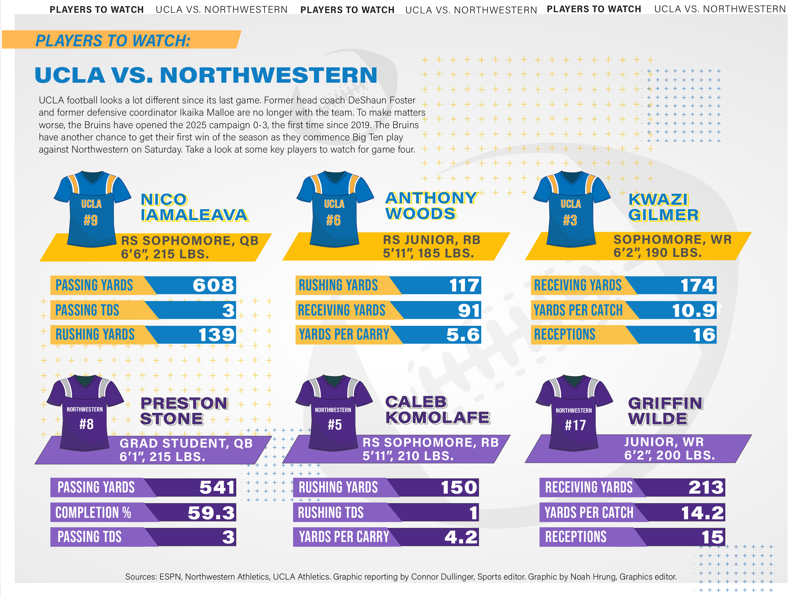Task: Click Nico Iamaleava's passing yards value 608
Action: click(213, 285)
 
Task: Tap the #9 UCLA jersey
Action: click(91, 210)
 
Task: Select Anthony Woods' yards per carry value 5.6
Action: click(463, 335)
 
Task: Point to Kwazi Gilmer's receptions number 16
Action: click(704, 335)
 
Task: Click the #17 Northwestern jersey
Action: click(574, 414)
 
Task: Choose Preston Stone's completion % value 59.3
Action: click(211, 513)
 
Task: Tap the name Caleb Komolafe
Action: click(437, 410)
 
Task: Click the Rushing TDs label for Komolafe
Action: click(330, 513)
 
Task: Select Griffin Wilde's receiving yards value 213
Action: click(705, 488)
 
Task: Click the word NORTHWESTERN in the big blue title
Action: click(268, 75)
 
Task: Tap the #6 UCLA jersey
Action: click(334, 210)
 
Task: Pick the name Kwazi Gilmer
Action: click(663, 207)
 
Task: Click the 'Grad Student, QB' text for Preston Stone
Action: click(186, 444)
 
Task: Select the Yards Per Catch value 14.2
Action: click(702, 513)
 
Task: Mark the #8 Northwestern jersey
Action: click(86, 414)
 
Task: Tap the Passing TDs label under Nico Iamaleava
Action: click(87, 310)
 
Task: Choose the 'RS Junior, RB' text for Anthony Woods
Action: click(432, 240)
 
